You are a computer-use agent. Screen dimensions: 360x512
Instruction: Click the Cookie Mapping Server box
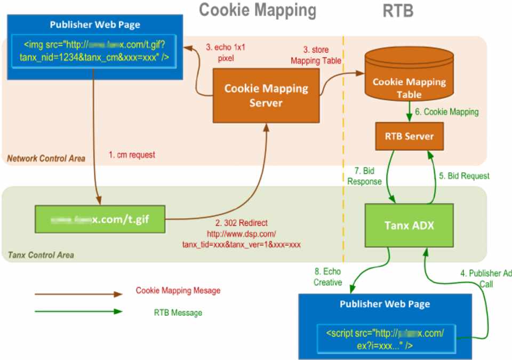[x=266, y=94]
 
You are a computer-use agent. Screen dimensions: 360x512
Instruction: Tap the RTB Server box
[x=409, y=136]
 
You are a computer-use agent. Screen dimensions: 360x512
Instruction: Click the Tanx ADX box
[x=409, y=225]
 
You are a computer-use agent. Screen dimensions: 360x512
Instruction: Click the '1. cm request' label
[x=132, y=155]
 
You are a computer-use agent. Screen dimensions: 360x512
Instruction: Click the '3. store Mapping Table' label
[x=315, y=55]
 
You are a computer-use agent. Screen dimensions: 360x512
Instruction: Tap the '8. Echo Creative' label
[x=327, y=277]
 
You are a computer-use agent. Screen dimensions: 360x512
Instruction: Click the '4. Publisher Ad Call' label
[x=485, y=278]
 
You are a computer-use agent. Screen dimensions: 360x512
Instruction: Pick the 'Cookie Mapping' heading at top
[x=258, y=10]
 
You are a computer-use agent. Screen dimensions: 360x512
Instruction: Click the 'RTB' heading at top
[x=397, y=11]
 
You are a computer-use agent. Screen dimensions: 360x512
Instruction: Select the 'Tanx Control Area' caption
[x=41, y=255]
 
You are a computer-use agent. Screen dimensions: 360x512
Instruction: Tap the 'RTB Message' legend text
[x=174, y=313]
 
